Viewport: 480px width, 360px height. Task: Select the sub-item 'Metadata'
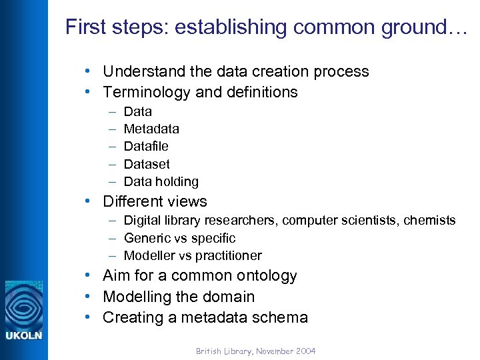point(151,129)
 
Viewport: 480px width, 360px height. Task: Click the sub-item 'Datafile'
point(146,146)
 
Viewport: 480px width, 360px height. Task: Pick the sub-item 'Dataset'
point(147,164)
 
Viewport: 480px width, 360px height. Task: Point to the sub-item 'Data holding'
point(161,181)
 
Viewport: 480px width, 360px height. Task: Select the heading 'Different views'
point(155,201)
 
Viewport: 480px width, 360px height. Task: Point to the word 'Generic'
point(145,238)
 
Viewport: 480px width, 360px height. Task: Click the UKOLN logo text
point(23,335)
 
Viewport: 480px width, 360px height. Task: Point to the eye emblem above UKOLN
point(23,304)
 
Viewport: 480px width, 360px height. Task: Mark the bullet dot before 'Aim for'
point(87,275)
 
